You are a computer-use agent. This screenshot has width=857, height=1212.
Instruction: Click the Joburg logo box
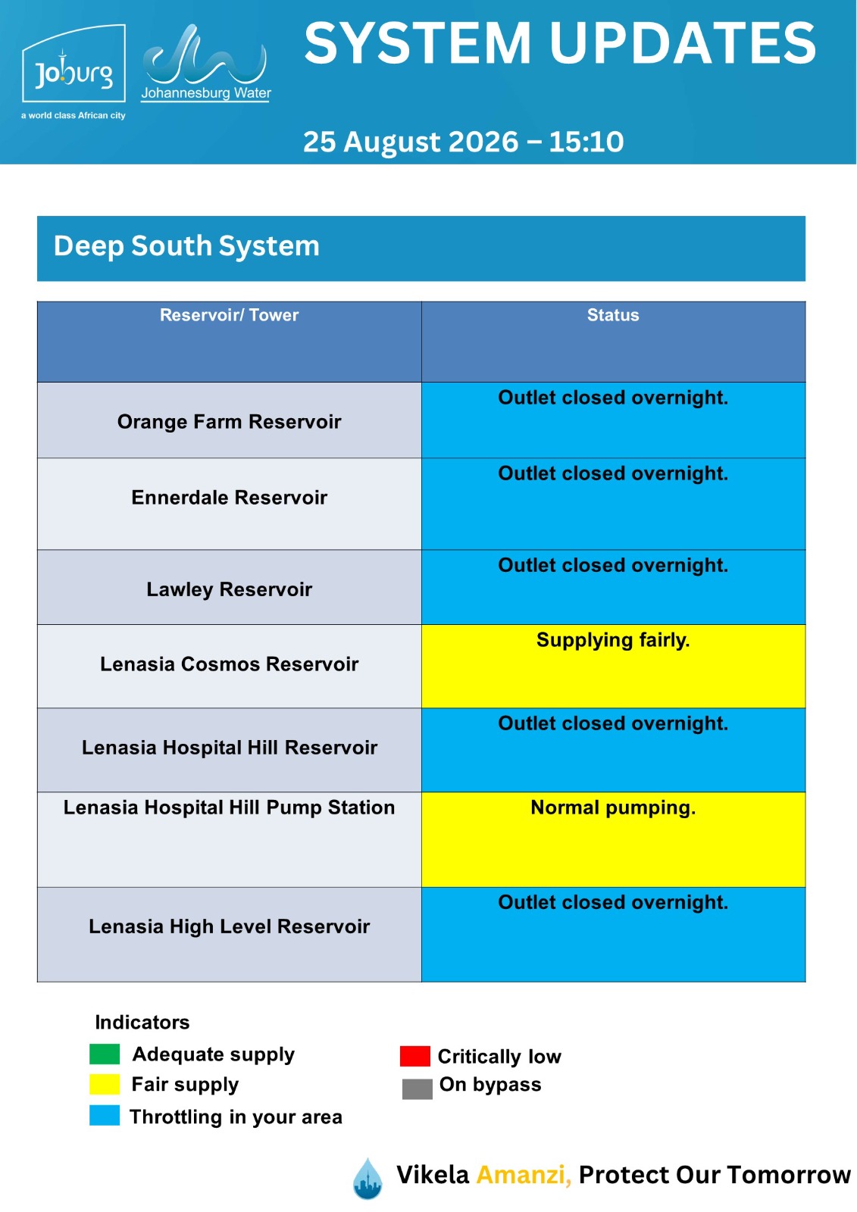coord(74,64)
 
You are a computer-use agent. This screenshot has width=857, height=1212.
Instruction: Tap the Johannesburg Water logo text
coord(205,93)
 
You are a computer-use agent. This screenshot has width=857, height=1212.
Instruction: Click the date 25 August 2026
coord(411,142)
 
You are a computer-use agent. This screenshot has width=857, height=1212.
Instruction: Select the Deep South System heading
coord(186,246)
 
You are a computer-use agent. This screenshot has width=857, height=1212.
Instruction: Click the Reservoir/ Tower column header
coord(229,315)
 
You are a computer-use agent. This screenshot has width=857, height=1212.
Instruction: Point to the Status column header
coord(613,315)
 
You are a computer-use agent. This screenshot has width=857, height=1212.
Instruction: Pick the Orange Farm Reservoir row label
coord(229,421)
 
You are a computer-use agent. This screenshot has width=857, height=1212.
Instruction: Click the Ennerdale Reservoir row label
coord(229,497)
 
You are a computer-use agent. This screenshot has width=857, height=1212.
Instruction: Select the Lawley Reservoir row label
coord(229,589)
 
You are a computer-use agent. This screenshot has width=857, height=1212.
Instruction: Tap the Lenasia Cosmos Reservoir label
coord(229,664)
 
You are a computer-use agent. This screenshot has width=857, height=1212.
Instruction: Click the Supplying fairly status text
coord(613,640)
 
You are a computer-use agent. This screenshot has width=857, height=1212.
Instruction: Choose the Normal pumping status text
coord(613,807)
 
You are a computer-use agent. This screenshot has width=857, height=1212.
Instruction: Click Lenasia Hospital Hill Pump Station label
coord(229,807)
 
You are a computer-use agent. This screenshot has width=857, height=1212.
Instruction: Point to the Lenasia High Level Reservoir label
coord(229,926)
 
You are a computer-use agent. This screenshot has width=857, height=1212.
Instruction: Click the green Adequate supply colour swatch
coord(105,1054)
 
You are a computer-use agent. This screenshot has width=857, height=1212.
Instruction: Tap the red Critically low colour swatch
coord(415,1056)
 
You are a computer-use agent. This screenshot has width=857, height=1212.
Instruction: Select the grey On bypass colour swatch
coord(418,1089)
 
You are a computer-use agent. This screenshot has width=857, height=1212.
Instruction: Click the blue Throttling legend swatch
coord(105,1116)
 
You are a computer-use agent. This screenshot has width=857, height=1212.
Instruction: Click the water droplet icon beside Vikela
coord(368,1179)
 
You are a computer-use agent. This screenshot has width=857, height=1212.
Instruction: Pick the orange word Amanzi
coord(524,1175)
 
